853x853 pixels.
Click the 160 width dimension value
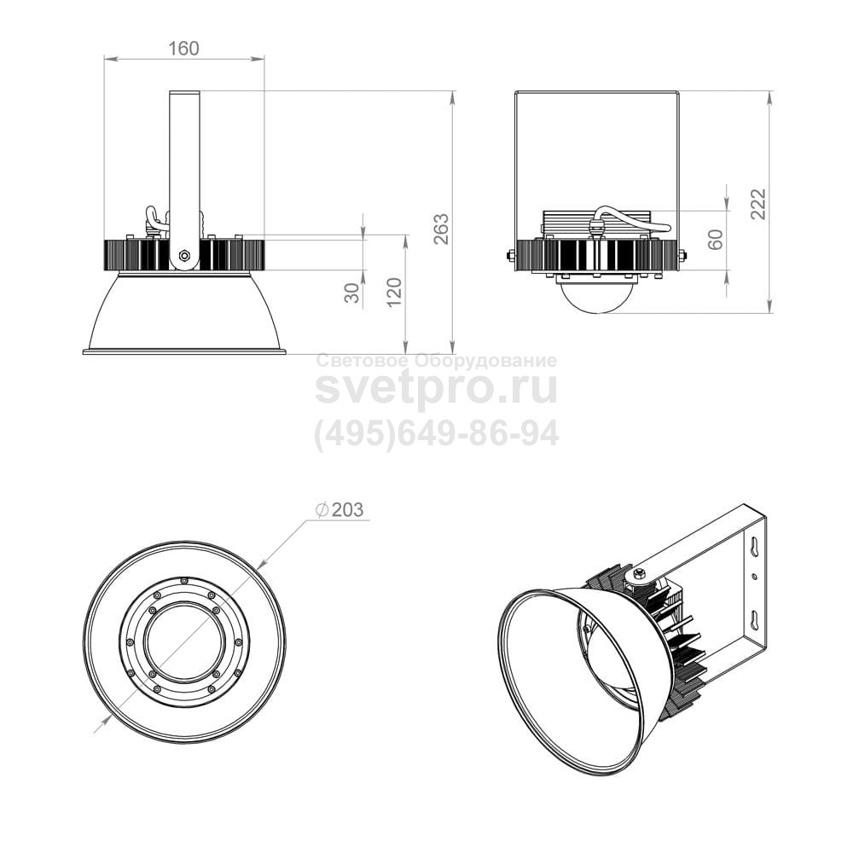point(183,49)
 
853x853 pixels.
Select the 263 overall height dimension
point(442,229)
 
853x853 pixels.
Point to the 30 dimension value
point(352,293)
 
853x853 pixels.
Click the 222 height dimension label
point(758,204)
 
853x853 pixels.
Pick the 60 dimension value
point(716,240)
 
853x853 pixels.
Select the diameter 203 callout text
point(339,510)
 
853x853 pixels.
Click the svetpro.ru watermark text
point(436,387)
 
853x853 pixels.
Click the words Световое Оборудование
point(436,361)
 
